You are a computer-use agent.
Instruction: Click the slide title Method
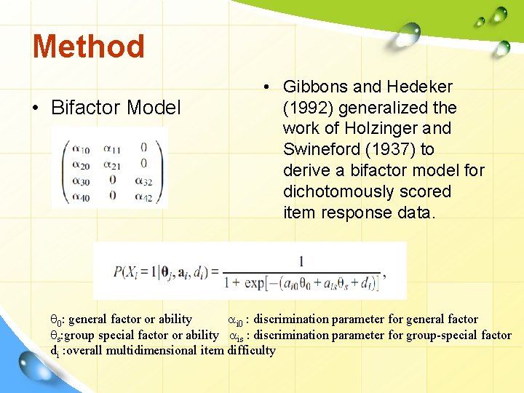click(x=88, y=47)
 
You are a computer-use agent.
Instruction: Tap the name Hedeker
click(x=418, y=87)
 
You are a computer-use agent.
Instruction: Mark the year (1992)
click(x=309, y=108)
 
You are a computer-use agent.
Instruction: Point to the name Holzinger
click(x=385, y=129)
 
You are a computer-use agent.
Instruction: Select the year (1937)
click(x=394, y=150)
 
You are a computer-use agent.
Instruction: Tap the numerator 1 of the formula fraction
click(x=301, y=261)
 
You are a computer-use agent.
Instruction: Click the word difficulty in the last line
click(x=252, y=350)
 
